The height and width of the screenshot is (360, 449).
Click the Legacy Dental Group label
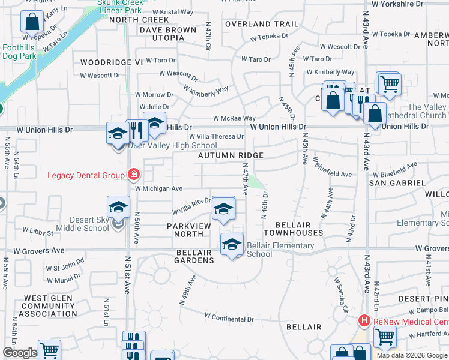[86, 175]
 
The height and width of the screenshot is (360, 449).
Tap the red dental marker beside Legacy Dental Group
[133, 175]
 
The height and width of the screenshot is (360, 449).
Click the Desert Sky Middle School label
[83, 224]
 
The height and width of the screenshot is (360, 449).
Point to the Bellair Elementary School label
[280, 250]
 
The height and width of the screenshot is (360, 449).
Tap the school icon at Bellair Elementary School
[232, 244]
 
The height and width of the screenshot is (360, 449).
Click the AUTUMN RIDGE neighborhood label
[232, 155]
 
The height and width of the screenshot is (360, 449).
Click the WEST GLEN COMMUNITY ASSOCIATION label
[50, 305]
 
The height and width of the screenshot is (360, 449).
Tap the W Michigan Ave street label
[158, 188]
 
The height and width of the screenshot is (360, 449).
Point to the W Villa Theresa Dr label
[216, 137]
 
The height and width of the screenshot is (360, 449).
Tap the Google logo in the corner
[20, 353]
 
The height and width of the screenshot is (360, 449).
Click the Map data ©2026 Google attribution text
[412, 355]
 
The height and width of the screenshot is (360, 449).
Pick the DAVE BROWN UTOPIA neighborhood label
[167, 34]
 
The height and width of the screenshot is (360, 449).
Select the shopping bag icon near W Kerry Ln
[31, 22]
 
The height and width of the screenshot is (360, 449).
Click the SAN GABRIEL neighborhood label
[397, 182]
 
